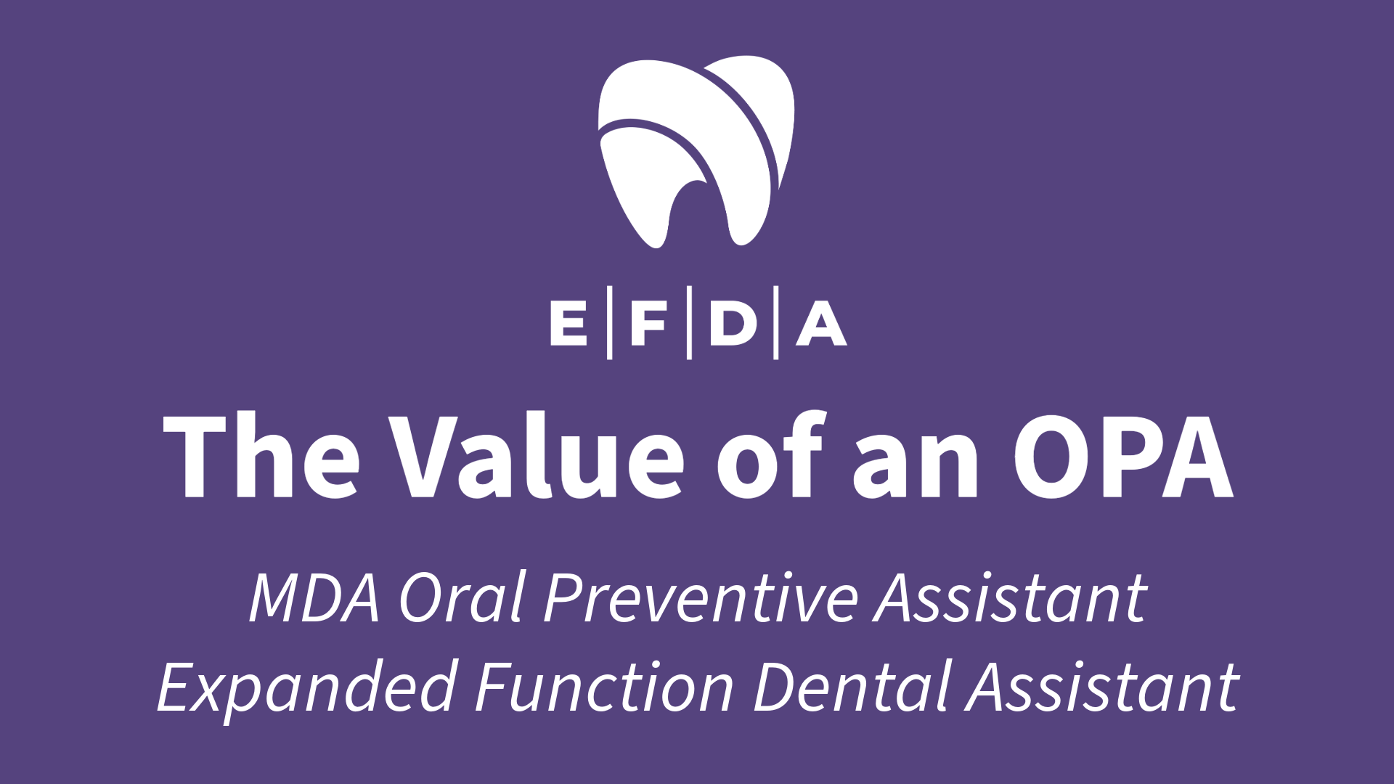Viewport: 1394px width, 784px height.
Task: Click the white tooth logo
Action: point(696,152)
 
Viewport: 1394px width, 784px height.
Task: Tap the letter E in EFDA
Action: point(568,324)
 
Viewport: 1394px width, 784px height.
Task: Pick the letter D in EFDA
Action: point(733,324)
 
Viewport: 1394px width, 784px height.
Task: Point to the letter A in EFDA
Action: point(821,324)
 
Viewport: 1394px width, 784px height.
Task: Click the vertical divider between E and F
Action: point(609,324)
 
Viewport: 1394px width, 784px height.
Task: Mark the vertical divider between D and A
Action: point(775,324)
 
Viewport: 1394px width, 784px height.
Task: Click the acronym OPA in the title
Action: point(1123,456)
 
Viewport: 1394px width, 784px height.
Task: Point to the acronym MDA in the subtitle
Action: point(314,598)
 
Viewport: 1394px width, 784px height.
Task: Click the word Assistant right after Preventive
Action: point(1011,598)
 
